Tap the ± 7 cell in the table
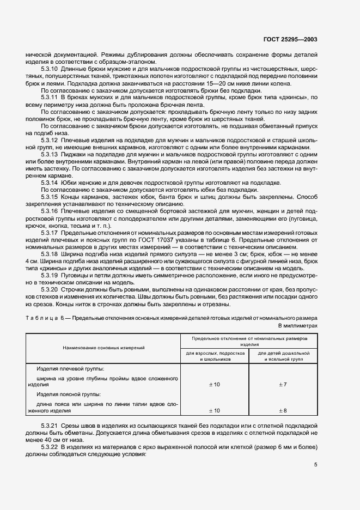point(283,385)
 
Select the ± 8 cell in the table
point(283,410)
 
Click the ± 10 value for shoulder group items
point(215,385)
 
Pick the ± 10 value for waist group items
point(215,410)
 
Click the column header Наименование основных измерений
point(103,347)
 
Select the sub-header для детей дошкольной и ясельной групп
point(283,356)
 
